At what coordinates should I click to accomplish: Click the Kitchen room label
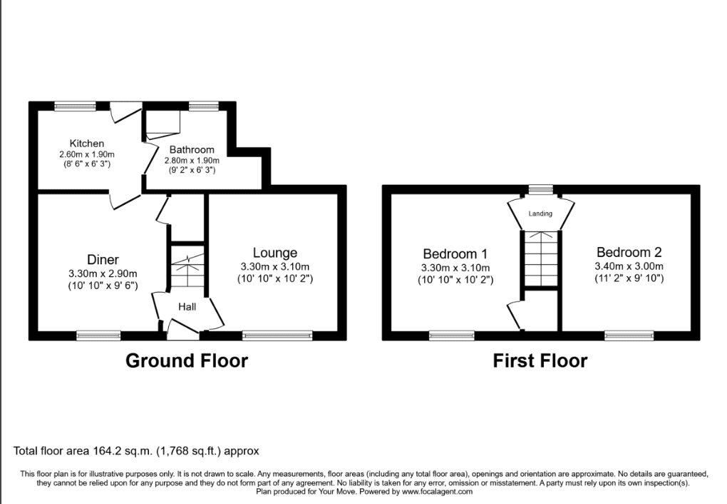87,143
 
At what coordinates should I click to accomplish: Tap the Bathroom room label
192,150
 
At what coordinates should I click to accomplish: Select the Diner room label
103,260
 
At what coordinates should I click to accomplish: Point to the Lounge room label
275,253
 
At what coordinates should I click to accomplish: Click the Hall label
187,306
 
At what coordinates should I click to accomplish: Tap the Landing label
540,213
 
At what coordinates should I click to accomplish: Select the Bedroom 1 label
455,254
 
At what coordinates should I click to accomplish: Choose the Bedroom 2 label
629,252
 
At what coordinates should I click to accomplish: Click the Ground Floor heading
187,361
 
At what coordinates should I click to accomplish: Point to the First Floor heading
540,361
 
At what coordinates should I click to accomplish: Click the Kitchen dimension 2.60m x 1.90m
87,154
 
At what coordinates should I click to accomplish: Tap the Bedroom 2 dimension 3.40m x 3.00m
629,266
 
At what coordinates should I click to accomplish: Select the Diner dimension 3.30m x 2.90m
103,273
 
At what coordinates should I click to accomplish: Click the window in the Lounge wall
277,335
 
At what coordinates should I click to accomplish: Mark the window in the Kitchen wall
75,106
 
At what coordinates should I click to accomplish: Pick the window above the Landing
542,189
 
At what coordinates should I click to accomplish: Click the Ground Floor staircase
187,268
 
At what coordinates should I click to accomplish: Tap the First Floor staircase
540,258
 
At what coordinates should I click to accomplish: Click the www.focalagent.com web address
437,491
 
